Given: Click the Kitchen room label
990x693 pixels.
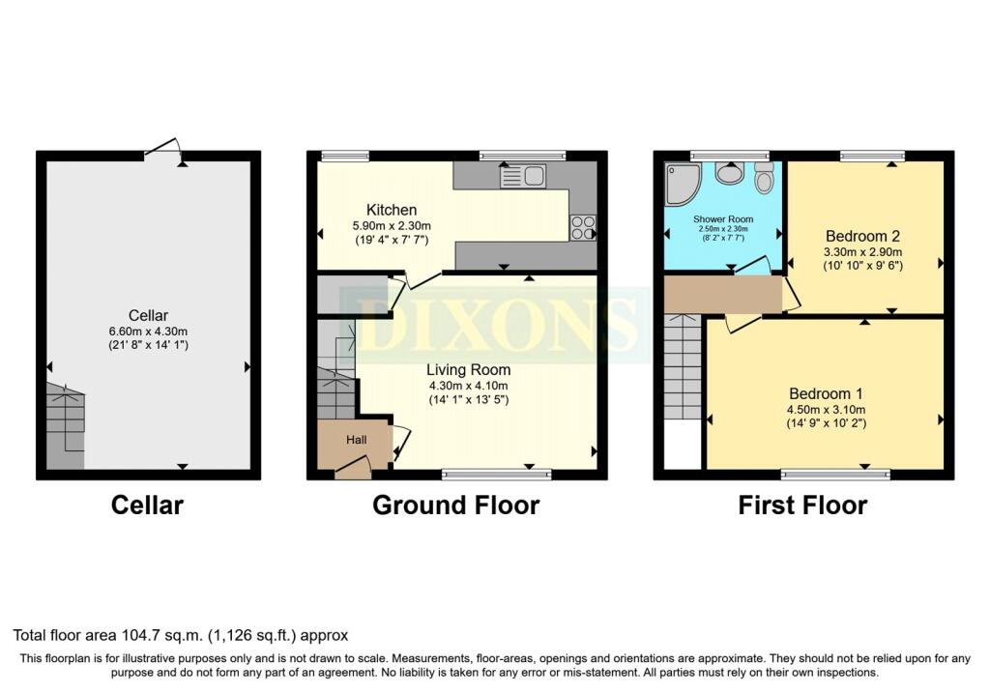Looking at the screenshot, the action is point(392,210).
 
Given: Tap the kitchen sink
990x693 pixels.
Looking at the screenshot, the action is point(523,176).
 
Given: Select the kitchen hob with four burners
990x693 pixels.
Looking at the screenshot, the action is point(583,228).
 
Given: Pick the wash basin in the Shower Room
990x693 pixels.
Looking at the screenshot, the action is point(730,172).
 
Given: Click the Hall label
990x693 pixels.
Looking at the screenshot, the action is point(356,440).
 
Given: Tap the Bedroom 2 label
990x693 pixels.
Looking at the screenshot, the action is point(862,236).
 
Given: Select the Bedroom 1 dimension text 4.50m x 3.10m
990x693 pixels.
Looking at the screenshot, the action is point(826,410).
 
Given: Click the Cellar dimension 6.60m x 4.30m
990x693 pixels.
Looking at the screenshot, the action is point(148,332).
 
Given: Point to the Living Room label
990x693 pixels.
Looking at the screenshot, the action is point(469,370).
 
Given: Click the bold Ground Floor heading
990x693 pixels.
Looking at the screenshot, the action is point(456,505).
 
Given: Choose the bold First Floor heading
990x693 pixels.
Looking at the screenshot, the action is point(802,505).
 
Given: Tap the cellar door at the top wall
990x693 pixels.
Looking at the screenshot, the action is point(162,146).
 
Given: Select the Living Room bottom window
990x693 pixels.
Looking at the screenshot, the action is point(496,474).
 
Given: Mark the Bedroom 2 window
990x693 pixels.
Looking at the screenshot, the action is point(872,156).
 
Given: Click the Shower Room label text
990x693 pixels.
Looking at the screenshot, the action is point(723,219).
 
